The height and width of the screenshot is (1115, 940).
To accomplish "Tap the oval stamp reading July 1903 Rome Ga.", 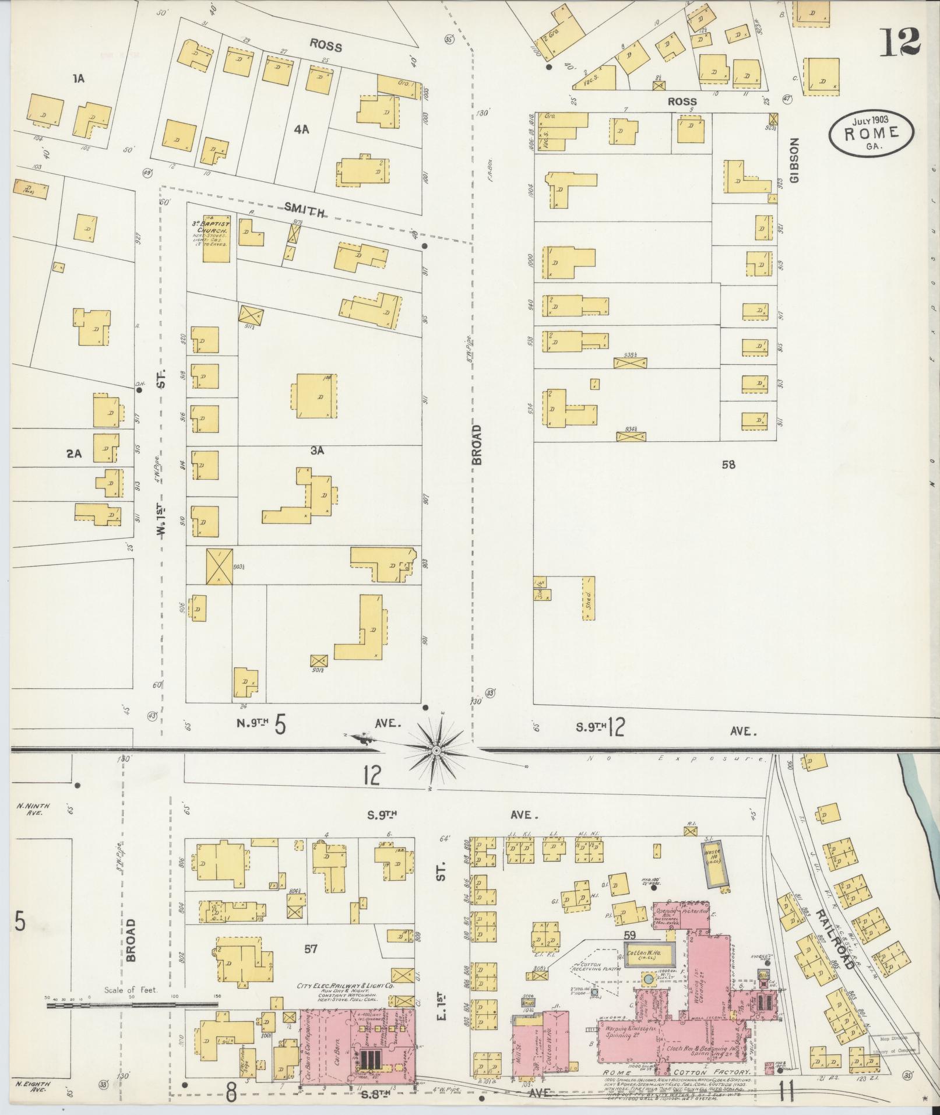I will pyautogui.click(x=871, y=133).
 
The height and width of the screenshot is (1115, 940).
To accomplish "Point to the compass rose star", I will pyautogui.click(x=435, y=750).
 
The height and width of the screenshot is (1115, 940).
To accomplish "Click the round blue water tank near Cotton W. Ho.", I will pyautogui.click(x=647, y=977).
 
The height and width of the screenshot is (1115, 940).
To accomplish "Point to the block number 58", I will pyautogui.click(x=728, y=465).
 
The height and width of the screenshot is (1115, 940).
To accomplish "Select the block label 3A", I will pyautogui.click(x=317, y=451).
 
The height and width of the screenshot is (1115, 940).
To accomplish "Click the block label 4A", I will pyautogui.click(x=301, y=130).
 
